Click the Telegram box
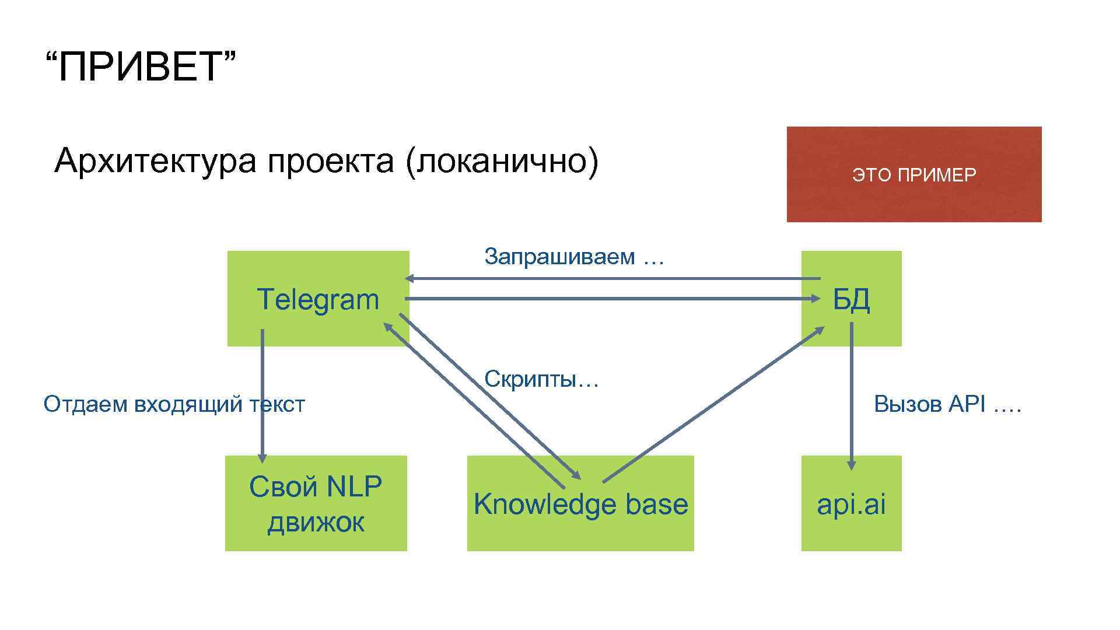point(318,299)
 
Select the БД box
point(851,299)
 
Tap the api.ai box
point(851,504)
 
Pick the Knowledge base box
point(580,504)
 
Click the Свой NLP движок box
point(316,503)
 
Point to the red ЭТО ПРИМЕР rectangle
point(914,174)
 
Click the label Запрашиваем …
point(575,256)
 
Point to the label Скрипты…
point(542,380)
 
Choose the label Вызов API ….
point(948,404)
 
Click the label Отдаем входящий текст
point(174,404)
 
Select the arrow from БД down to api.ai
point(852,397)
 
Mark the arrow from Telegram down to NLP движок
point(262,397)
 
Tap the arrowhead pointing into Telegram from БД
point(410,278)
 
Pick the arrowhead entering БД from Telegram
point(816,299)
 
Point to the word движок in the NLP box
point(316,522)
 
